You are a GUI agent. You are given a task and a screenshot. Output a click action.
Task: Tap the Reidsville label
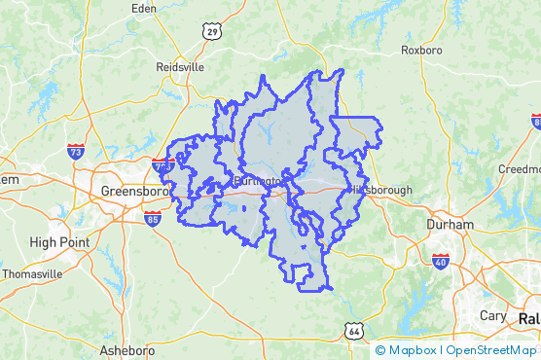[x=180, y=67]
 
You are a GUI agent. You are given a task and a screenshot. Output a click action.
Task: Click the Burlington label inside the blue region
[x=258, y=181]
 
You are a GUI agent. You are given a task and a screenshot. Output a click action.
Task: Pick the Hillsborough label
[x=382, y=190]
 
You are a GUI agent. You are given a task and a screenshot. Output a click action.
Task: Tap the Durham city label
[x=450, y=224]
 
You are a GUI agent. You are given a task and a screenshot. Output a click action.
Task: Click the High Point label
[x=59, y=241]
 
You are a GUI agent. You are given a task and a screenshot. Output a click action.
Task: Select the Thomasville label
[x=32, y=273]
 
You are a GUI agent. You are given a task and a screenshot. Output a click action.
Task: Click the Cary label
[x=492, y=315]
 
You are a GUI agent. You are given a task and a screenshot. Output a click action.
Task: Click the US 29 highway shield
[x=210, y=32]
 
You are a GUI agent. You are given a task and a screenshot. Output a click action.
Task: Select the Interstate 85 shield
[x=153, y=221]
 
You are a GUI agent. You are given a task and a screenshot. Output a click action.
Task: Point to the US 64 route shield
[x=354, y=332]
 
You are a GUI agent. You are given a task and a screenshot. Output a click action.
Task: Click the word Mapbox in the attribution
[x=414, y=350]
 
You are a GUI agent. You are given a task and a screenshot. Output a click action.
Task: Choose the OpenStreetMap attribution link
[x=491, y=350]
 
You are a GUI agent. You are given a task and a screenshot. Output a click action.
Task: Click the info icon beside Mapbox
[x=379, y=350]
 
